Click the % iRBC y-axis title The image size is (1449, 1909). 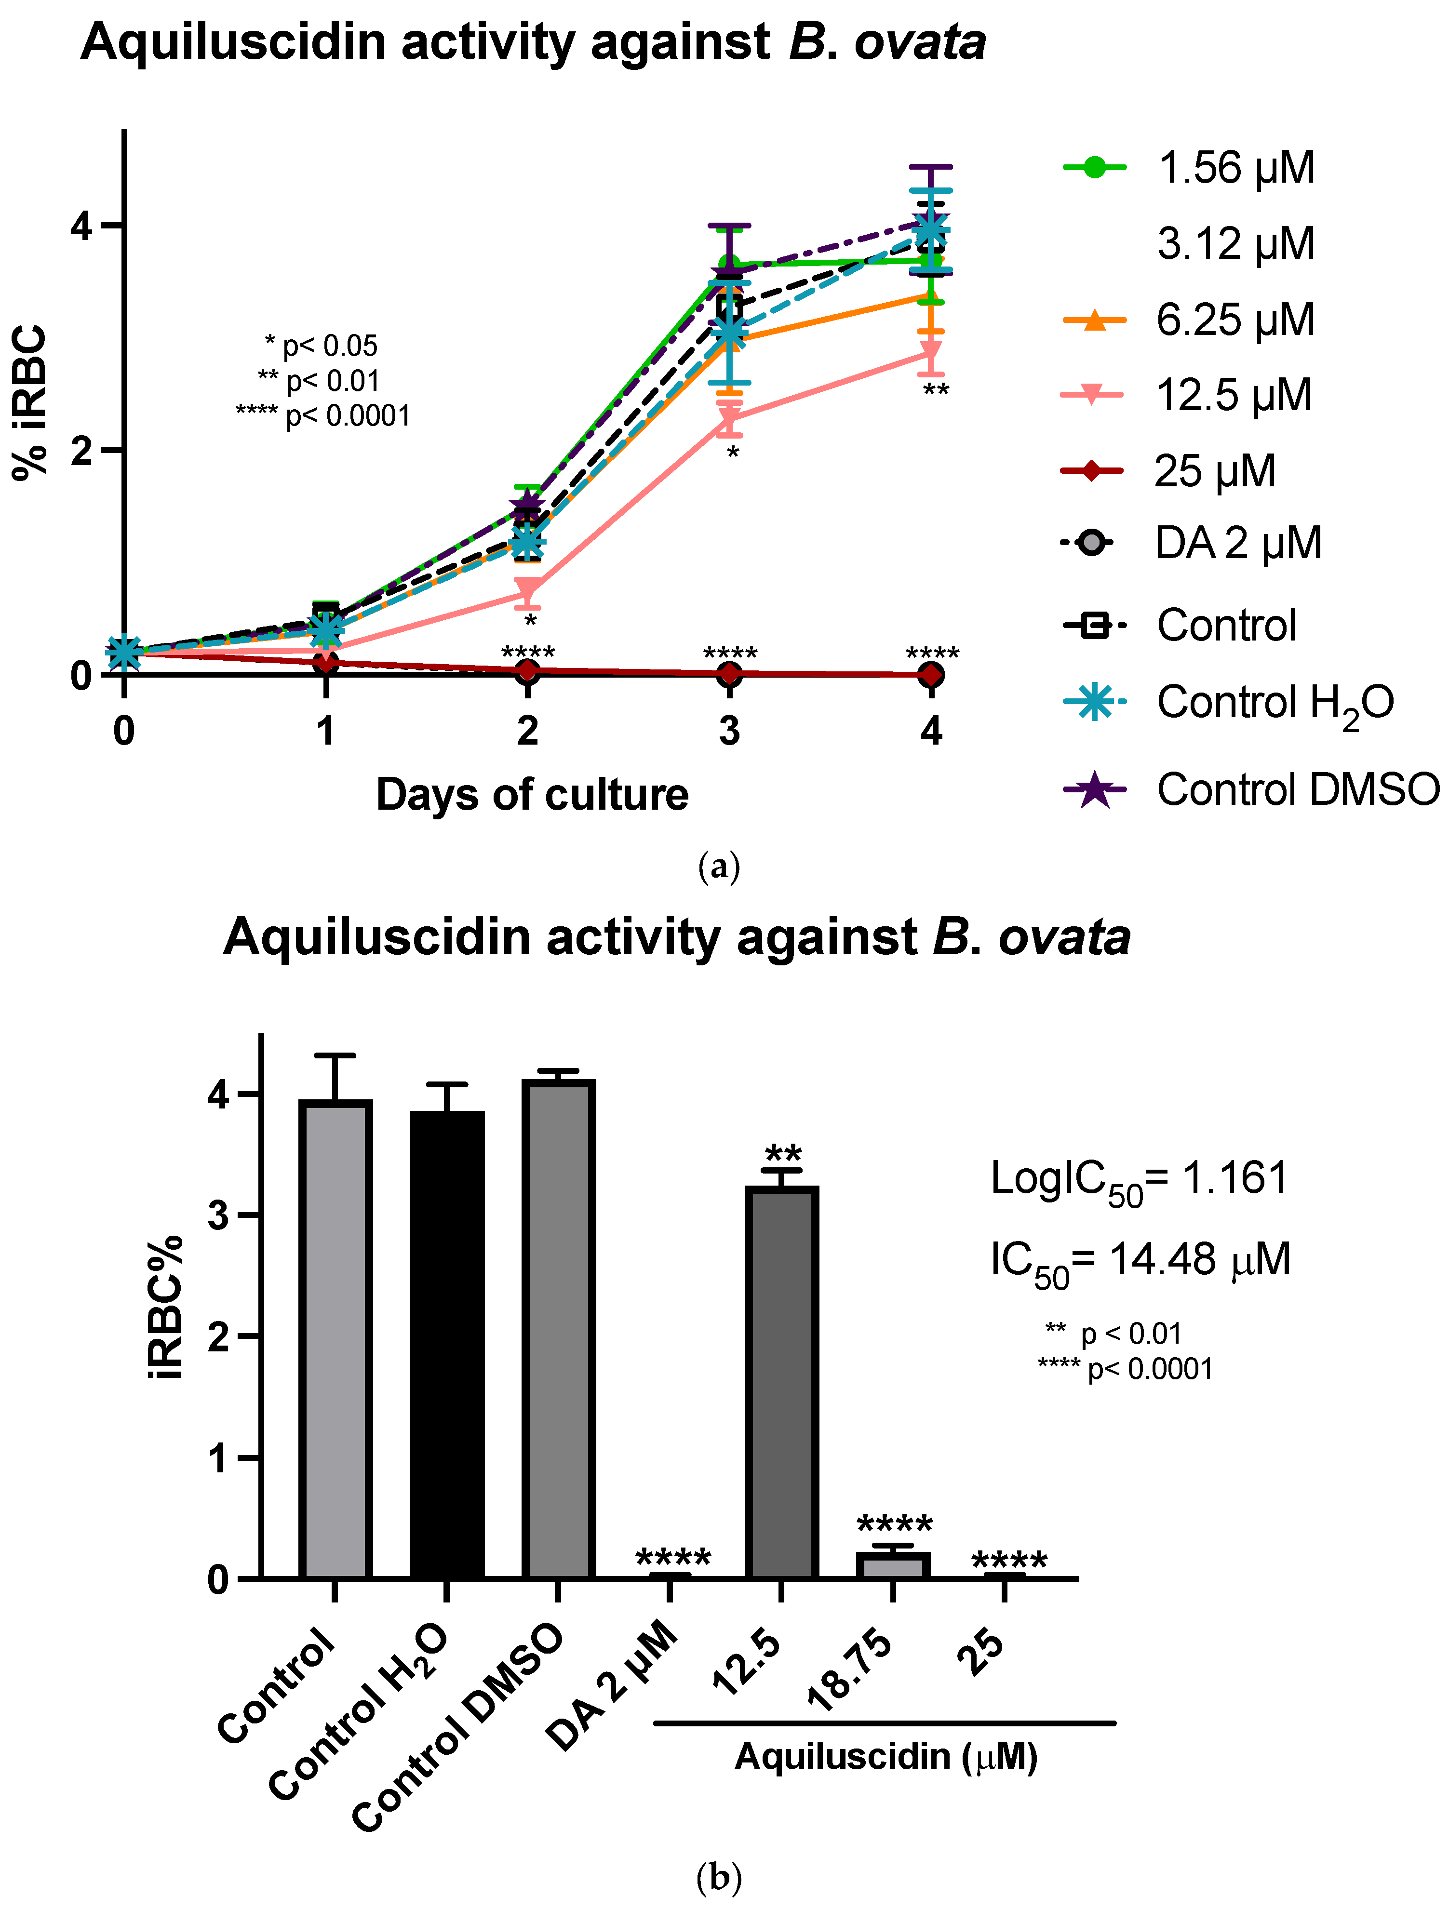click(31, 402)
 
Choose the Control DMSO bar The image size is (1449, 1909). click(558, 1329)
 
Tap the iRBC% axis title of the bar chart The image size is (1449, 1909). click(166, 1308)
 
